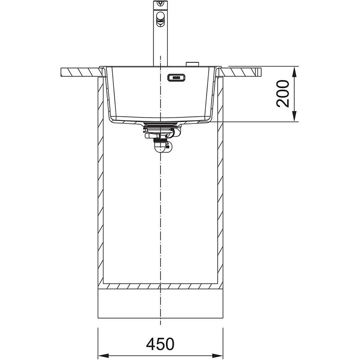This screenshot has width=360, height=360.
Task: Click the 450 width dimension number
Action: coord(160,344)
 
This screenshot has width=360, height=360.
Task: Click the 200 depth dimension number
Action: coord(283,93)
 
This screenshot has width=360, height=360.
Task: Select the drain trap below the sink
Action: coord(161,138)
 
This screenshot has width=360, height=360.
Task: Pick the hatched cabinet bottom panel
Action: coord(160,286)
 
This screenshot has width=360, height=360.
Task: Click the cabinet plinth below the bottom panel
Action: coord(160,303)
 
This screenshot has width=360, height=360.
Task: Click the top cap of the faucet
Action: coord(159,4)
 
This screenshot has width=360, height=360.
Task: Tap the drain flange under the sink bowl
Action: coord(161,124)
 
